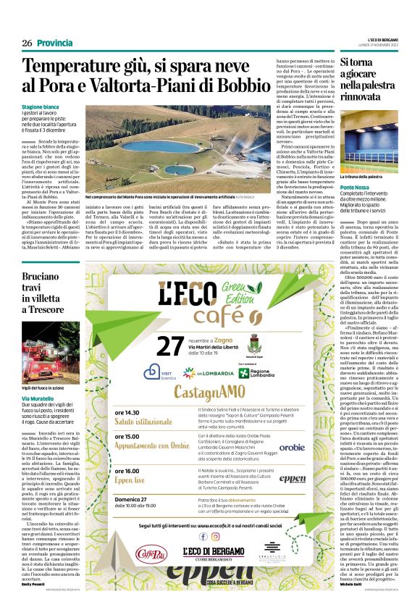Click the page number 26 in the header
[x=28, y=43]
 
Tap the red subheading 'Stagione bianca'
[x=41, y=106]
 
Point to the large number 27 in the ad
[x=169, y=346]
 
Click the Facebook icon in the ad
[x=203, y=537]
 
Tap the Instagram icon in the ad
[x=215, y=537]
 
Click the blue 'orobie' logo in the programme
[x=292, y=448]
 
